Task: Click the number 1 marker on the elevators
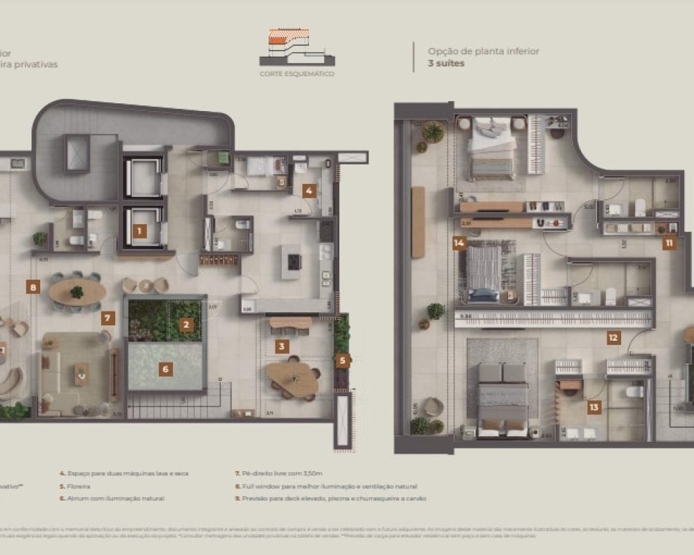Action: coord(139,232)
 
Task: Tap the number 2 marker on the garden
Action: coord(185,324)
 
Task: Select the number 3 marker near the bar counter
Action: coord(280,346)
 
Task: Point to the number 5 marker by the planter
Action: coord(342,360)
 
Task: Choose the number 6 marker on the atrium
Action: coord(164,369)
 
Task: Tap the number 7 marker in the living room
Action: coord(107,318)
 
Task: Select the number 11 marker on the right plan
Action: coord(668,243)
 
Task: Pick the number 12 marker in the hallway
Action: coord(613,338)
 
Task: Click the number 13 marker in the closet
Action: coord(593,407)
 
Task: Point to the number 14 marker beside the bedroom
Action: coord(458,243)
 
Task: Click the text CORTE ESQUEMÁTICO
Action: coord(296,73)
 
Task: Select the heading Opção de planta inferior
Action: coord(483,51)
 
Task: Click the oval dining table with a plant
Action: coord(77,292)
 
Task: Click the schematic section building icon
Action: coord(296,46)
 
